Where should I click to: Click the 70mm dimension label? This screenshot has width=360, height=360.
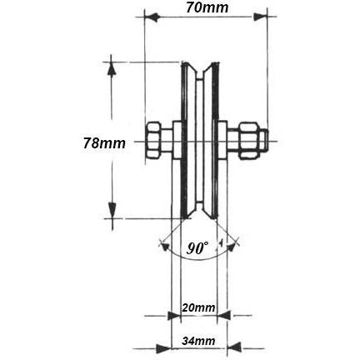click(x=206, y=8)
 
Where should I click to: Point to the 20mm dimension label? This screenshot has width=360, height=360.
click(x=198, y=307)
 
